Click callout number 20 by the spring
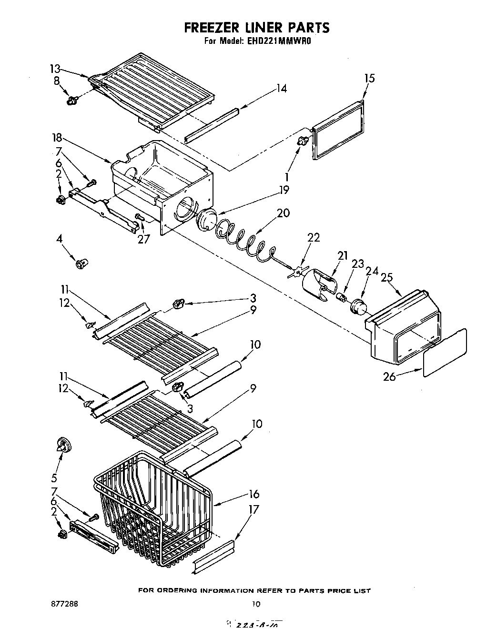tap(283, 213)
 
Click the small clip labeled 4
tap(81, 263)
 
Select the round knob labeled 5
tap(63, 446)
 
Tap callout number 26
tap(390, 376)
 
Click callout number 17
tap(254, 510)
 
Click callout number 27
tap(142, 239)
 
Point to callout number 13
tap(56, 68)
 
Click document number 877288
tap(65, 603)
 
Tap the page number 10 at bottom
tap(256, 604)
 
